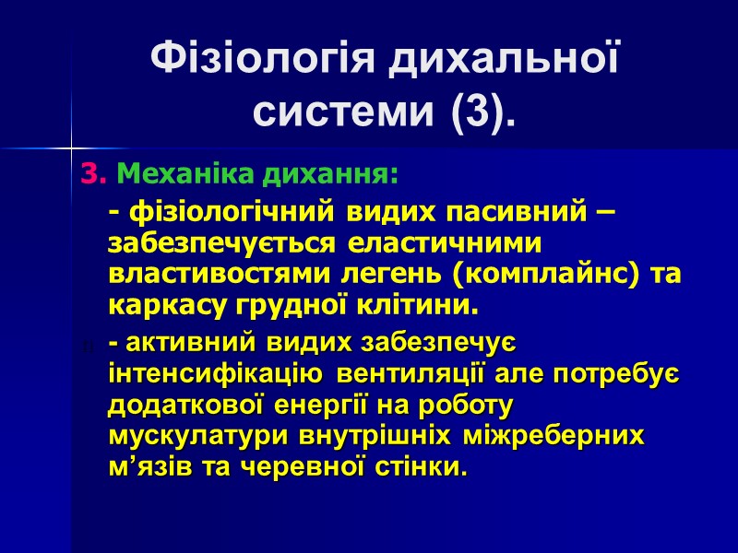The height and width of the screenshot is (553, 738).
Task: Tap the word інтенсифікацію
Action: tap(215, 375)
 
